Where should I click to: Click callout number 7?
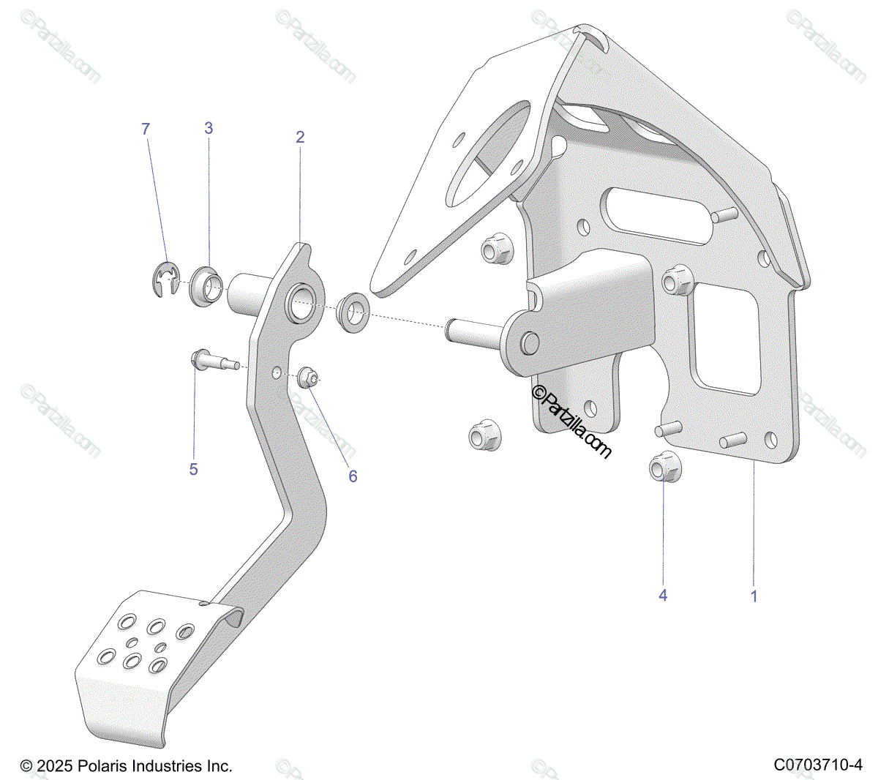[146, 129]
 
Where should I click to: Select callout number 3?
[209, 128]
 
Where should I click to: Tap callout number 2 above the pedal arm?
[300, 137]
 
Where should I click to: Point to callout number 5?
[193, 469]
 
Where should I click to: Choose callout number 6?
[353, 476]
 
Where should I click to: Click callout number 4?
[663, 596]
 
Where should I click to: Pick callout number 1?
[754, 596]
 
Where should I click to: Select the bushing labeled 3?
[204, 287]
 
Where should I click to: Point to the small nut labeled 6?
[308, 378]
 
